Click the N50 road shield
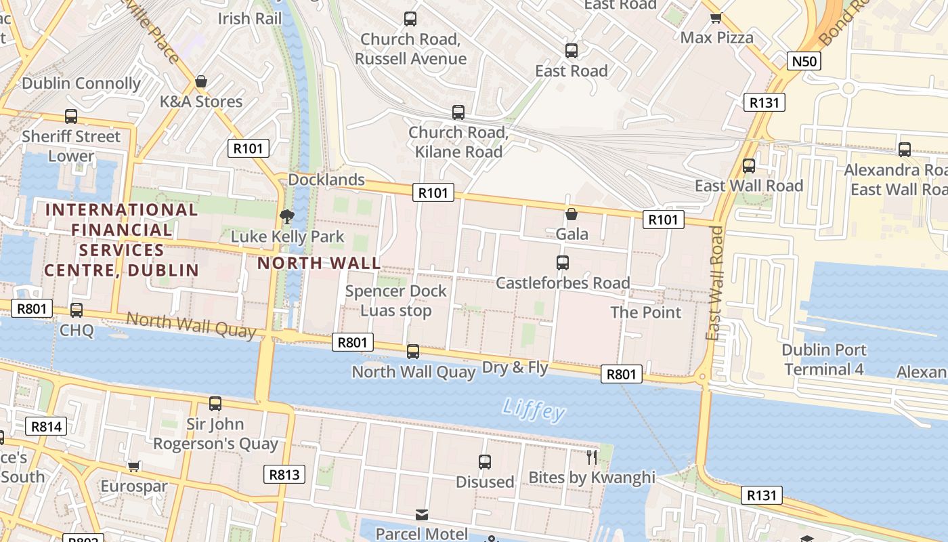pyautogui.click(x=804, y=62)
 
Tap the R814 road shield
pyautogui.click(x=46, y=426)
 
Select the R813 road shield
pyautogui.click(x=284, y=474)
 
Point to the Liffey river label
pyautogui.click(x=534, y=409)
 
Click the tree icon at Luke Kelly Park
pyautogui.click(x=287, y=217)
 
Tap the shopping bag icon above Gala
pyautogui.click(x=572, y=214)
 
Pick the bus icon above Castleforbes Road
pyautogui.click(x=562, y=263)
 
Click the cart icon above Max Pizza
pyautogui.click(x=716, y=18)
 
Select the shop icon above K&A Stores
pyautogui.click(x=201, y=82)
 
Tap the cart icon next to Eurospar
pyautogui.click(x=134, y=466)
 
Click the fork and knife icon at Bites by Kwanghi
pyautogui.click(x=592, y=457)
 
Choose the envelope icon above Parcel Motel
pyautogui.click(x=422, y=515)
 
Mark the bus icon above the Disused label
pyautogui.click(x=485, y=462)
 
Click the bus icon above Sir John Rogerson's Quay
pyautogui.click(x=215, y=404)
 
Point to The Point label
pyautogui.click(x=645, y=312)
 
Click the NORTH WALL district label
pyautogui.click(x=318, y=263)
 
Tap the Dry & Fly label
pyautogui.click(x=515, y=367)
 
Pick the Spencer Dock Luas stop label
pyautogui.click(x=395, y=301)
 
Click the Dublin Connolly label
pyautogui.click(x=81, y=83)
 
